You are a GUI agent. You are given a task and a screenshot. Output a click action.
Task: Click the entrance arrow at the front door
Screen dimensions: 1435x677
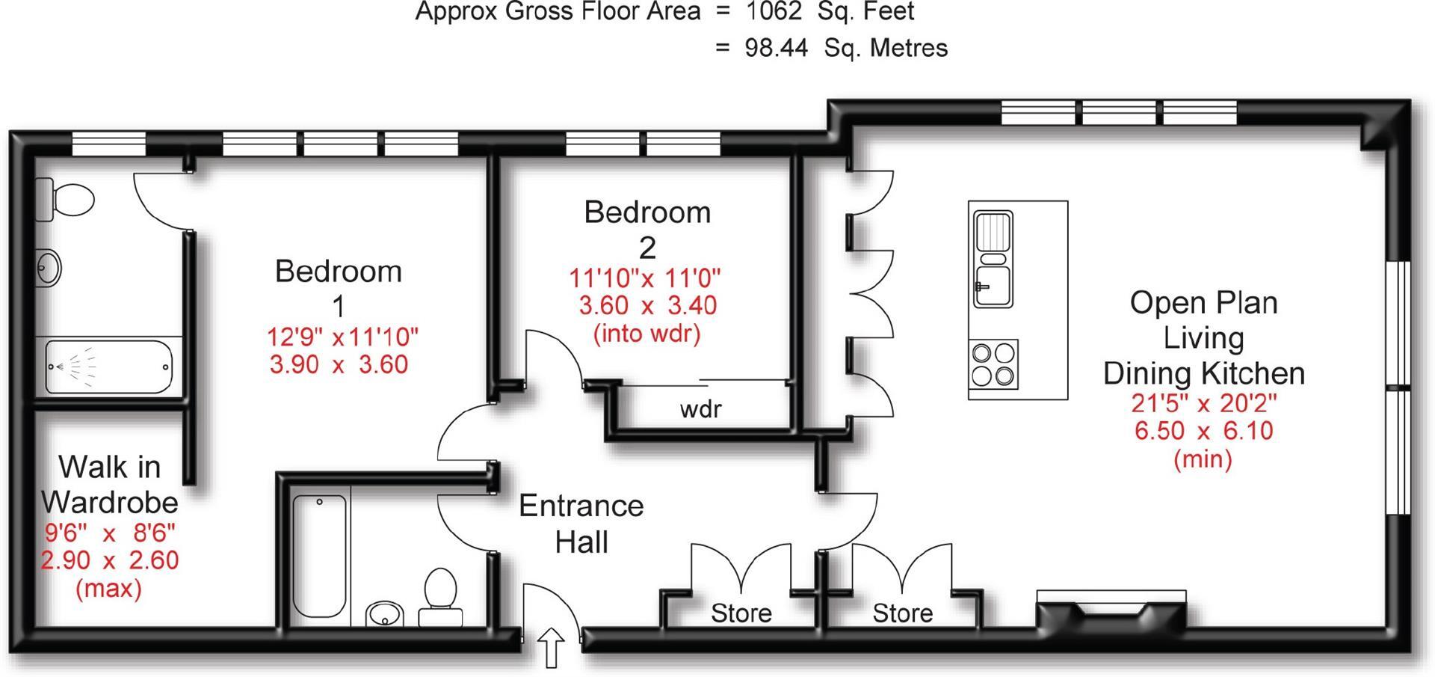click(552, 647)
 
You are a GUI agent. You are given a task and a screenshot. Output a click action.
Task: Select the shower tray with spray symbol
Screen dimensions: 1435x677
click(109, 367)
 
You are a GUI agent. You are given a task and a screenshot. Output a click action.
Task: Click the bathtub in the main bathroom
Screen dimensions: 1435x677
click(320, 555)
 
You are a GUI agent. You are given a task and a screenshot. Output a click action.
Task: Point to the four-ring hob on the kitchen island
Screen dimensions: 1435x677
click(994, 364)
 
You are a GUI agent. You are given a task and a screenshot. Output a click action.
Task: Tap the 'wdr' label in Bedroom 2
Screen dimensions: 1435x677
click(700, 409)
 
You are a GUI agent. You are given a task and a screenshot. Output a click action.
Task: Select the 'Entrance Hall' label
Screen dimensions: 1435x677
click(581, 524)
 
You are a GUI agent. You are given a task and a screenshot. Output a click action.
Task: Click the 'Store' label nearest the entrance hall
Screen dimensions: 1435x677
click(741, 613)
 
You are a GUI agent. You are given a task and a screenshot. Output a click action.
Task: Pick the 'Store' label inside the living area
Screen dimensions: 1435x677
click(903, 613)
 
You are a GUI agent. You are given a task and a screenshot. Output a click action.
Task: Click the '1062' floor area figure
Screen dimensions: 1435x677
click(775, 12)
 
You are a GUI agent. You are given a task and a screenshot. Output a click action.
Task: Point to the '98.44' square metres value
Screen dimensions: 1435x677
click(777, 48)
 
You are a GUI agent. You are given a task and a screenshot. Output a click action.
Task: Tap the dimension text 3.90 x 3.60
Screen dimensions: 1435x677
click(339, 364)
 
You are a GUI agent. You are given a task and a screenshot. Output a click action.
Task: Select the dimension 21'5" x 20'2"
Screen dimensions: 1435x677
click(1204, 403)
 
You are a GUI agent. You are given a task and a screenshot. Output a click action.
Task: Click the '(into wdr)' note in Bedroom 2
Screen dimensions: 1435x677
click(647, 333)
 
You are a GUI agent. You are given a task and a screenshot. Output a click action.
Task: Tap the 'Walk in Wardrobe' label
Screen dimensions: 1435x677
click(110, 484)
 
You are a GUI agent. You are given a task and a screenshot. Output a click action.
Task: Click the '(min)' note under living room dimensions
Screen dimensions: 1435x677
click(1203, 458)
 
